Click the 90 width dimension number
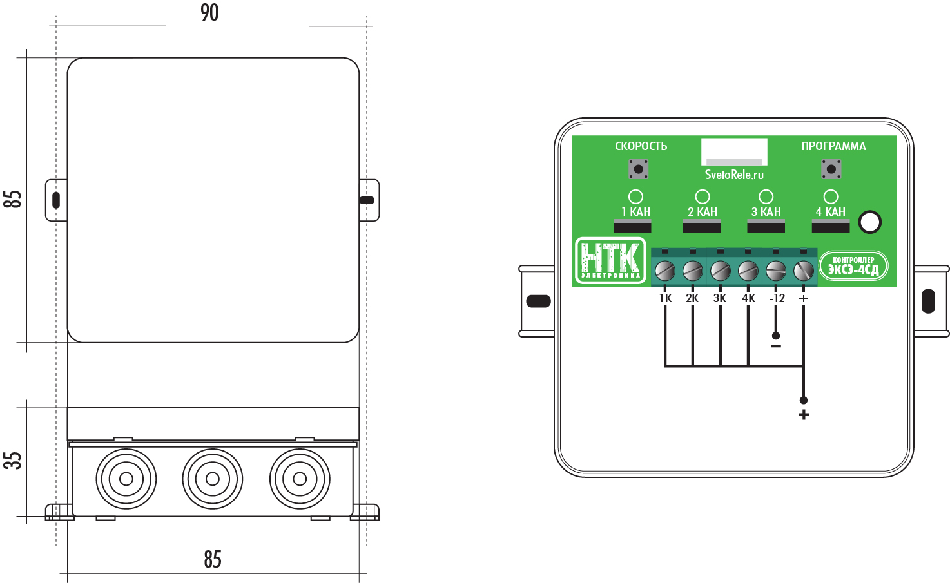click(209, 12)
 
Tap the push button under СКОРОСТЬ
click(638, 169)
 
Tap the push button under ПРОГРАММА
click(831, 169)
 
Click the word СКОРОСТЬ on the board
click(641, 146)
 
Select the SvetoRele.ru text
click(734, 175)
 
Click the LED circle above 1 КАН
click(635, 196)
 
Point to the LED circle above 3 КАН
click(766, 196)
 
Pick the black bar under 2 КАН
click(702, 226)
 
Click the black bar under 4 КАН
click(831, 226)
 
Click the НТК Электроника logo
click(610, 260)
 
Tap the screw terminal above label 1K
click(664, 270)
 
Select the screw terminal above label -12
click(776, 270)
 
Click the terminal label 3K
click(720, 298)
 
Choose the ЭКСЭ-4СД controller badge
click(853, 265)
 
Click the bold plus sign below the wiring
click(803, 415)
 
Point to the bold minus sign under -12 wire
click(776, 347)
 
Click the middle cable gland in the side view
click(213, 479)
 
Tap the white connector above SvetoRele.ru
click(734, 152)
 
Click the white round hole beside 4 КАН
click(870, 222)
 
